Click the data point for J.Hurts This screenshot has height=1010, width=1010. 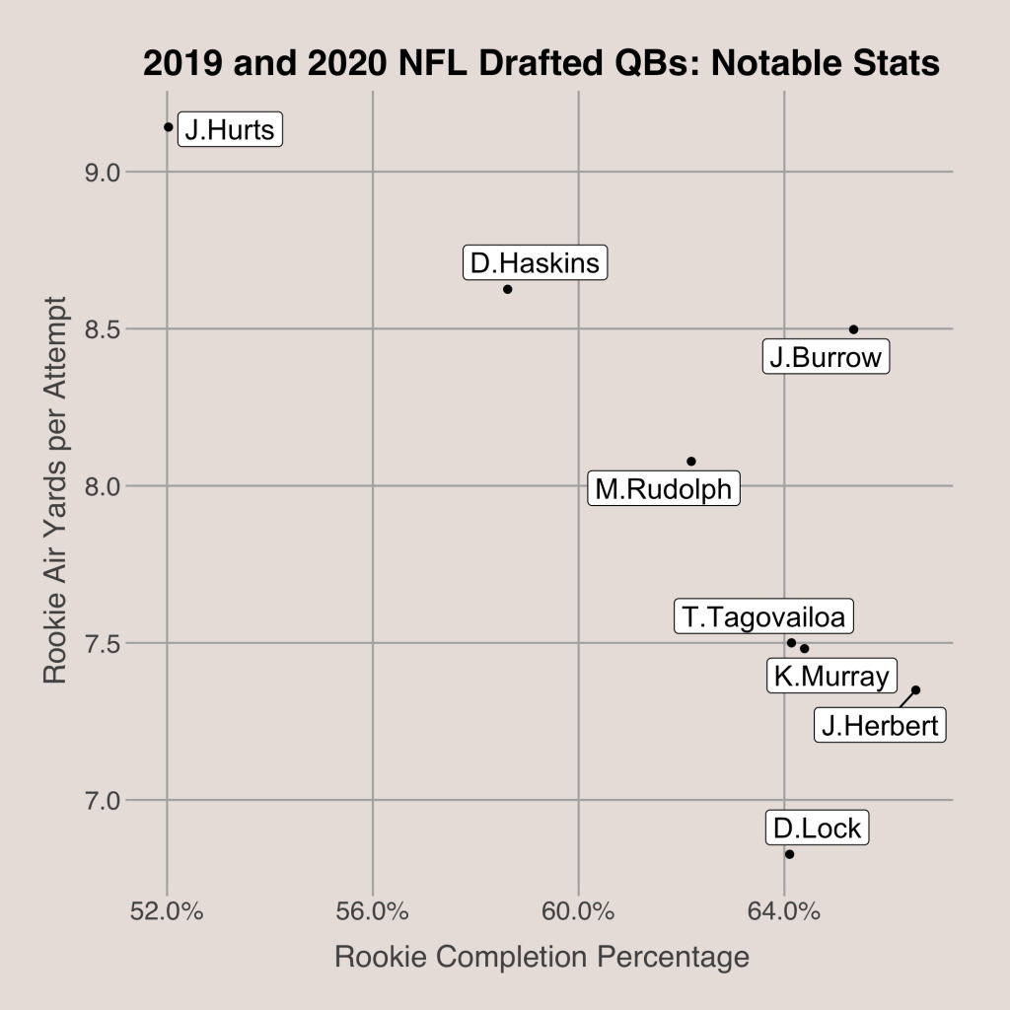pyautogui.click(x=169, y=126)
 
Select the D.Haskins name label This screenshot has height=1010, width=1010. pyautogui.click(x=535, y=263)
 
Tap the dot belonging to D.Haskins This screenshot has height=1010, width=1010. pyautogui.click(x=507, y=289)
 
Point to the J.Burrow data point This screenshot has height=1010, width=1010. pyautogui.click(x=853, y=329)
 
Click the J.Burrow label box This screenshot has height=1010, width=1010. pyautogui.click(x=826, y=357)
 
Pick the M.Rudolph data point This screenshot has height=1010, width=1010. pyautogui.click(x=691, y=462)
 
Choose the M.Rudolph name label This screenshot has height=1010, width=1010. pyautogui.click(x=664, y=488)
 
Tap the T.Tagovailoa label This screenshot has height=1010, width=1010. pyautogui.click(x=764, y=617)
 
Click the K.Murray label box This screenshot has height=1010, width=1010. pyautogui.click(x=831, y=676)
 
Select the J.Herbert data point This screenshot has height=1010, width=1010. pyautogui.click(x=915, y=690)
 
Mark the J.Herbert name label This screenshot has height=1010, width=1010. pyautogui.click(x=880, y=727)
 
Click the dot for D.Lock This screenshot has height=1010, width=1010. pyautogui.click(x=789, y=854)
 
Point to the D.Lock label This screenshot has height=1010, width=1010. pyautogui.click(x=817, y=828)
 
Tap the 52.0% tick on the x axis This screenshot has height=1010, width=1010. pyautogui.click(x=168, y=910)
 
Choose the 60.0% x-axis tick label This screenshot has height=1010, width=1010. pyautogui.click(x=578, y=910)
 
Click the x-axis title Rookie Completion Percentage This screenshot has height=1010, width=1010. pyautogui.click(x=541, y=958)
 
